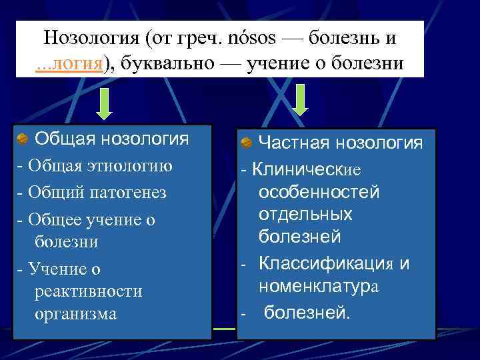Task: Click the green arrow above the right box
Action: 300,101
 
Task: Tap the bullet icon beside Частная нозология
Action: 245,143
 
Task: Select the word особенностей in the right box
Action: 319,192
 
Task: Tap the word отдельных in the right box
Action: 305,214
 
